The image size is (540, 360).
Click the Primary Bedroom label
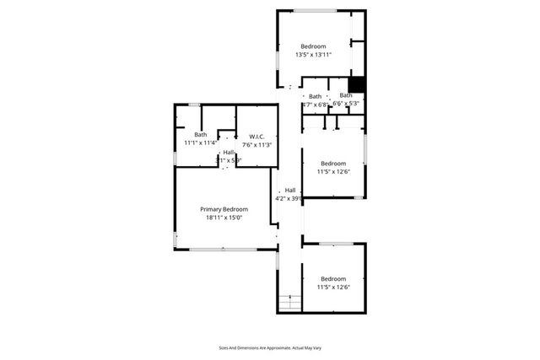[x=224, y=209]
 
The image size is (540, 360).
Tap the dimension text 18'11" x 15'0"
[x=224, y=218]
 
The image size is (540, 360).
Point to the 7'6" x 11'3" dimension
[x=257, y=144]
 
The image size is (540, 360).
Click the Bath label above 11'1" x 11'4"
[x=200, y=135]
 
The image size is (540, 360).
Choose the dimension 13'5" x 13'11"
[x=313, y=55]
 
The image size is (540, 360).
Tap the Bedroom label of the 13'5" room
[x=313, y=46]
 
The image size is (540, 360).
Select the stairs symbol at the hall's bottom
[x=289, y=301]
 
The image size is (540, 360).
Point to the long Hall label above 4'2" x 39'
[x=289, y=190]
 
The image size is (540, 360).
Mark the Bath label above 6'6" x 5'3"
[x=346, y=95]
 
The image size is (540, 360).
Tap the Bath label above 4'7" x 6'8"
[x=315, y=96]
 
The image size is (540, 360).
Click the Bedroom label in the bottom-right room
[x=333, y=278]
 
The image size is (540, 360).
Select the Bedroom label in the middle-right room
[x=333, y=163]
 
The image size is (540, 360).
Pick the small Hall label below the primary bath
[x=229, y=153]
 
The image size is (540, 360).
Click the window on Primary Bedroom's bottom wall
[x=219, y=249]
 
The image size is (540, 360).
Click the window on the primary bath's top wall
[x=194, y=105]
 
